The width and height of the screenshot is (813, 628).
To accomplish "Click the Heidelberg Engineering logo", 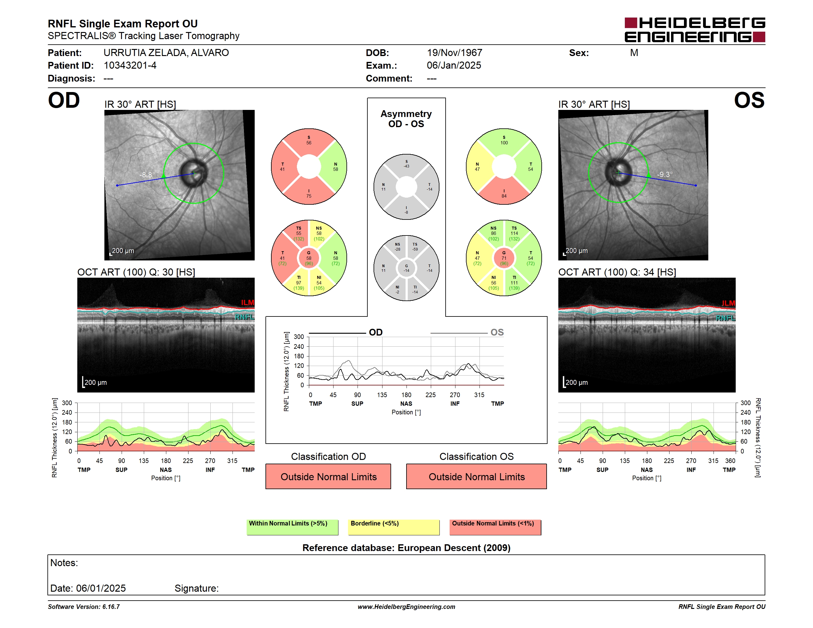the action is coord(695,30).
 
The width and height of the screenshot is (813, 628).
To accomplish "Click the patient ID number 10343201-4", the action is coord(130,66).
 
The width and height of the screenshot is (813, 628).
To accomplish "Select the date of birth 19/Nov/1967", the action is coord(454,53).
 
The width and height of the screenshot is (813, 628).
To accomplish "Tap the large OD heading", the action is coord(64,100).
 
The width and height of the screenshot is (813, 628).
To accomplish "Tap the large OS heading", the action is coord(749,100).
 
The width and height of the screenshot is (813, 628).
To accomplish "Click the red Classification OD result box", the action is coord(328,476).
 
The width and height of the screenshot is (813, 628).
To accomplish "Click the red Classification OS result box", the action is coord(476,476).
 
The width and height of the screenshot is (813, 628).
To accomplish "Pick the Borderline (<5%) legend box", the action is coord(394,527).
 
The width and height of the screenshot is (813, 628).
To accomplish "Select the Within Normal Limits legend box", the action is coord(293,527).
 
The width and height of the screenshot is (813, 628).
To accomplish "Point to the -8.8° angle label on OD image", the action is coord(147,175).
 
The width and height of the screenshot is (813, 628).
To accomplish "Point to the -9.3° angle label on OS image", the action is coord(665,175).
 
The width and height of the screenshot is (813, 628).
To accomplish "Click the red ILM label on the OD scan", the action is coord(247,303).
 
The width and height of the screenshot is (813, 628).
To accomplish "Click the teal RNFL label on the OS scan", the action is coord(726,318).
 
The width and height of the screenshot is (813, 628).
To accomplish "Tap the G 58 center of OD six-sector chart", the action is coord(309,258).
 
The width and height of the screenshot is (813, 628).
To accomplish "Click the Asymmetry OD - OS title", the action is coord(406,119).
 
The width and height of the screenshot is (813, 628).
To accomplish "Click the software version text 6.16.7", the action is coord(111,606).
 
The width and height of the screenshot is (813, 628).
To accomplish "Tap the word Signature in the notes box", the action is coord(196,588).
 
